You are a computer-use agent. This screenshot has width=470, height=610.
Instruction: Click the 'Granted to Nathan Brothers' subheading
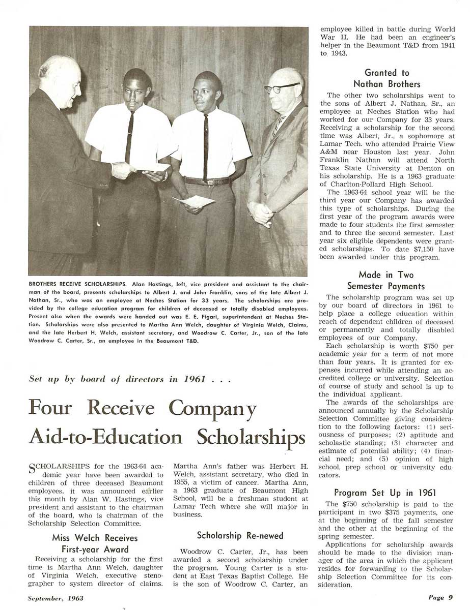[386, 78]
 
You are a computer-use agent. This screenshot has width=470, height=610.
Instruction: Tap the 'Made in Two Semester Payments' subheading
[386, 280]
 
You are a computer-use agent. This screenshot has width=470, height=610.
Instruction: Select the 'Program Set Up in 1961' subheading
[385, 492]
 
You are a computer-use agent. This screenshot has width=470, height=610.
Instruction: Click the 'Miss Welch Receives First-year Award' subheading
[94, 543]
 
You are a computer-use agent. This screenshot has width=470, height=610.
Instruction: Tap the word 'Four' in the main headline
[50, 408]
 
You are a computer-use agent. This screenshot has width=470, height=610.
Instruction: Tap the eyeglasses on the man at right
[282, 88]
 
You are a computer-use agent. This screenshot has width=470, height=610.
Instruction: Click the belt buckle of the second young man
[208, 181]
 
